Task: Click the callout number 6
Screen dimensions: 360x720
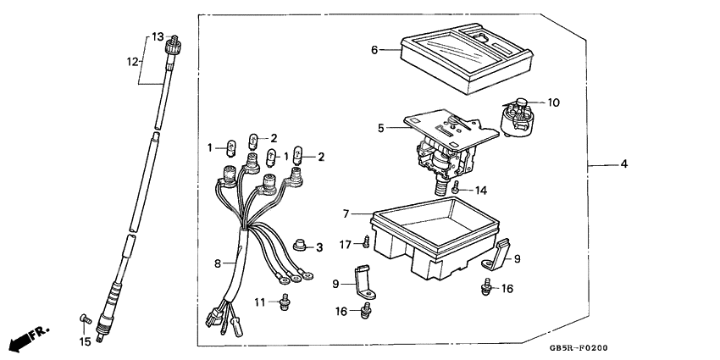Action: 374,50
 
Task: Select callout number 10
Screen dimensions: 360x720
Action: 553,103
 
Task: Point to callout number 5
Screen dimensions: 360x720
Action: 381,128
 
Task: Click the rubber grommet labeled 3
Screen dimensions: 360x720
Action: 298,247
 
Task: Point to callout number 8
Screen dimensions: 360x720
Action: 218,263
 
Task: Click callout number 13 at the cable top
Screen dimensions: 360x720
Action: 157,36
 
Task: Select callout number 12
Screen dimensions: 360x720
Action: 132,61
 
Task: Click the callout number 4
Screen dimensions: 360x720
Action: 623,163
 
